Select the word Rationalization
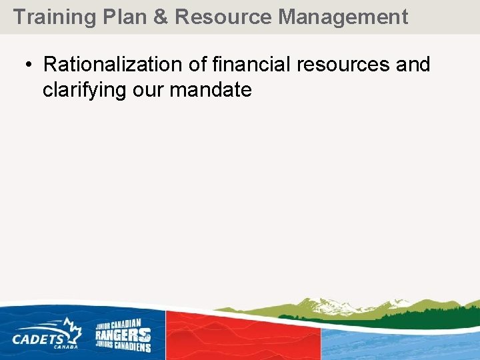pos(113,65)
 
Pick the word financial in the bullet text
pos(251,65)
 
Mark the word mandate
pos(211,90)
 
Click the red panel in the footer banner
pos(243,337)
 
